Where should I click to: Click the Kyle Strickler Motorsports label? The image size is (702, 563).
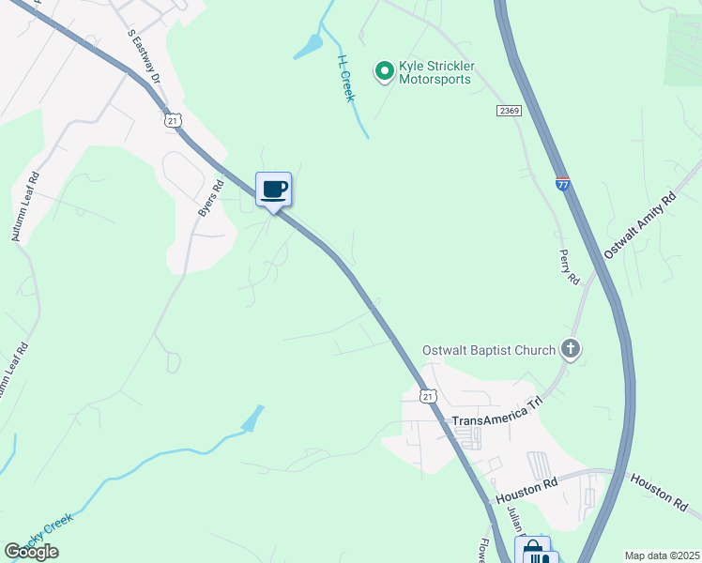[x=437, y=72]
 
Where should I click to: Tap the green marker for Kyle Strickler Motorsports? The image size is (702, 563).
[x=384, y=71]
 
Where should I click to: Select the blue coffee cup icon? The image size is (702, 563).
[x=274, y=190]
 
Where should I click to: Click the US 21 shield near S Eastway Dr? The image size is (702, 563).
[x=172, y=120]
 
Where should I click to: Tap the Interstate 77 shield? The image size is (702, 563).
[x=562, y=183]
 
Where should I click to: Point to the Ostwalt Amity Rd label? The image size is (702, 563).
[x=640, y=225]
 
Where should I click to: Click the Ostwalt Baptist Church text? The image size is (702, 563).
[x=488, y=350]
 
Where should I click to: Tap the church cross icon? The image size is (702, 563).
[x=570, y=350]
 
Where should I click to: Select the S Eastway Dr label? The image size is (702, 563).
[x=145, y=55]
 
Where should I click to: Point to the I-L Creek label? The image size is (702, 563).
[x=344, y=77]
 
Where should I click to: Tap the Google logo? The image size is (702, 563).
[x=31, y=552]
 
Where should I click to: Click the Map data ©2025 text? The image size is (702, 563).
[x=662, y=555]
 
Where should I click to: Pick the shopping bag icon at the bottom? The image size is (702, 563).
[x=534, y=552]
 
